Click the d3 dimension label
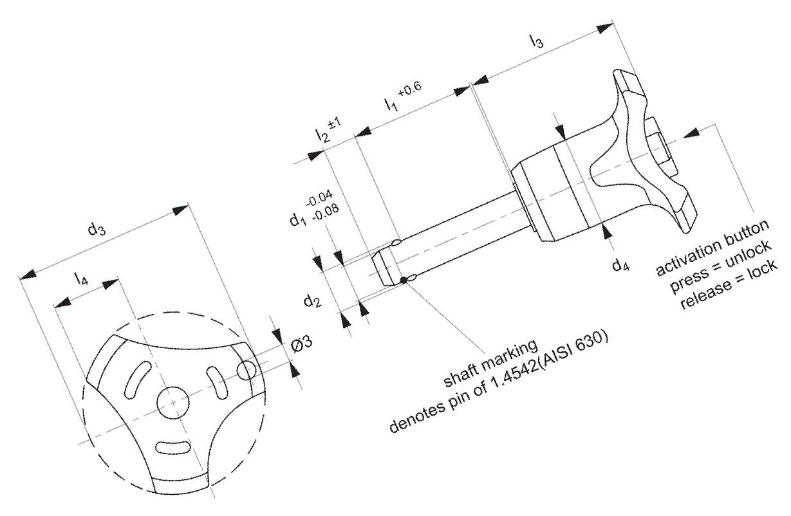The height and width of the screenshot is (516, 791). coord(97,230)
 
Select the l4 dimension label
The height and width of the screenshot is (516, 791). coord(81,279)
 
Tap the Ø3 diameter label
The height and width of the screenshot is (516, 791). coord(302,344)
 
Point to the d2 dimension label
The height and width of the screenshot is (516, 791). coord(313,301)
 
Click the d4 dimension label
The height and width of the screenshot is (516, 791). coord(620,264)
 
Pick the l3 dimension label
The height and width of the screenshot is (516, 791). coord(536,41)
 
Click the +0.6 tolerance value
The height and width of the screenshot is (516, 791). coord(409,89)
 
